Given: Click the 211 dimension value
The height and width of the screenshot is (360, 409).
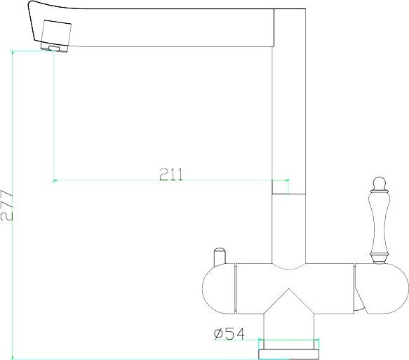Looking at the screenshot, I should coord(171,174).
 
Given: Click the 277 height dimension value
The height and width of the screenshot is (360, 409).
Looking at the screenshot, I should coord(6,205).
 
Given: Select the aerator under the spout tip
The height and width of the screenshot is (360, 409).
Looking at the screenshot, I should coord(53,46).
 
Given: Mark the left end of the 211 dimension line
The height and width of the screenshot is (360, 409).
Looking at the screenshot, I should coord(54,180).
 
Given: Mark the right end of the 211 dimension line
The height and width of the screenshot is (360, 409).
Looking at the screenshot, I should coord(289,180).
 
